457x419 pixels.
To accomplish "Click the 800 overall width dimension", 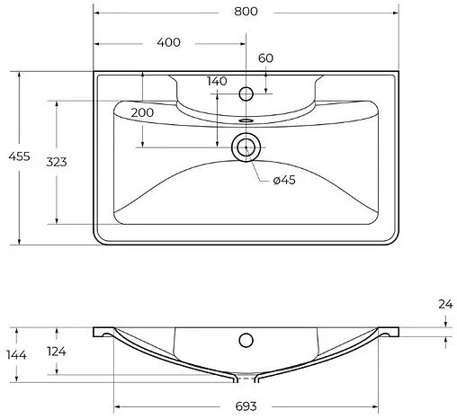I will click(x=246, y=11).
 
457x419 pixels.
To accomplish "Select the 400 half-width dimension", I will click(x=168, y=42).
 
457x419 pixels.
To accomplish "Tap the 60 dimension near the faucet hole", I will click(x=265, y=58).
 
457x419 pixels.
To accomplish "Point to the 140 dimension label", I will click(x=216, y=81).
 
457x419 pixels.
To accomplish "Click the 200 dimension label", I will click(x=141, y=112).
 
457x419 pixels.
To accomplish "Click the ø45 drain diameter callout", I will click(x=284, y=180).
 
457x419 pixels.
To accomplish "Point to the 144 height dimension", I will click(x=15, y=355).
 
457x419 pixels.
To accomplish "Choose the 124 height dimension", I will click(x=56, y=351).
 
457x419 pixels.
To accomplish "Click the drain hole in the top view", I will click(x=246, y=147).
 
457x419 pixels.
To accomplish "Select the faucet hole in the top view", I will click(x=246, y=93).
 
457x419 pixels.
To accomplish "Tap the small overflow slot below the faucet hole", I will click(x=246, y=118).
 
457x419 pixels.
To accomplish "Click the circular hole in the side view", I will click(x=245, y=340).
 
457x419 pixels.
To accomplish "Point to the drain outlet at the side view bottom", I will click(x=245, y=376).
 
